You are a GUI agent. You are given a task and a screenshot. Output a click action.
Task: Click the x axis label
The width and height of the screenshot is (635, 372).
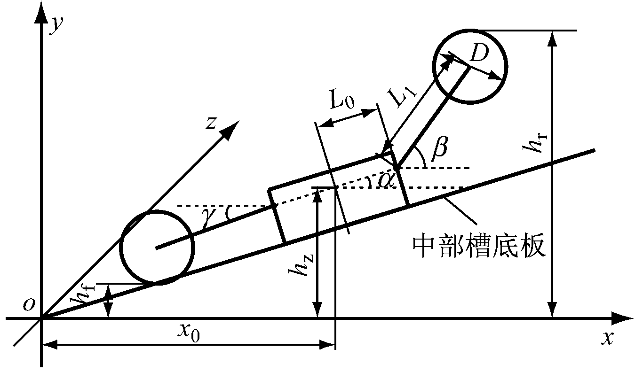click(x=608, y=338)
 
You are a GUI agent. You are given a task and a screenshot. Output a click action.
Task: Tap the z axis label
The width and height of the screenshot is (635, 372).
click(x=211, y=123)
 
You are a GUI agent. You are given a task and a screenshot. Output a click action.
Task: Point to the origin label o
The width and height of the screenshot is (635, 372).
click(x=29, y=305)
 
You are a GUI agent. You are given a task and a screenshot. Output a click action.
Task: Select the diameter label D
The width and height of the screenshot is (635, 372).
click(x=479, y=53)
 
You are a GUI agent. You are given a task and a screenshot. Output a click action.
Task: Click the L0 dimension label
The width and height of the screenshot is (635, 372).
click(x=342, y=100)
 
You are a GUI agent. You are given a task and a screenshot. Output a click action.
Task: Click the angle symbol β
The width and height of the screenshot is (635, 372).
click(x=439, y=149)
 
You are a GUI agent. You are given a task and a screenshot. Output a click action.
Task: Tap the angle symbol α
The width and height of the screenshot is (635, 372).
click(x=386, y=180)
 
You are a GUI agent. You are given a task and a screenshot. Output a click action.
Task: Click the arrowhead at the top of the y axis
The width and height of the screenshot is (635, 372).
click(x=42, y=13)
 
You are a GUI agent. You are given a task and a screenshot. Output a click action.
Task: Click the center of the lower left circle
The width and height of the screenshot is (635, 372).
click(x=157, y=248)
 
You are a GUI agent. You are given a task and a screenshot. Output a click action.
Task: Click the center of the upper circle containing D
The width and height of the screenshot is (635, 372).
click(x=470, y=67)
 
